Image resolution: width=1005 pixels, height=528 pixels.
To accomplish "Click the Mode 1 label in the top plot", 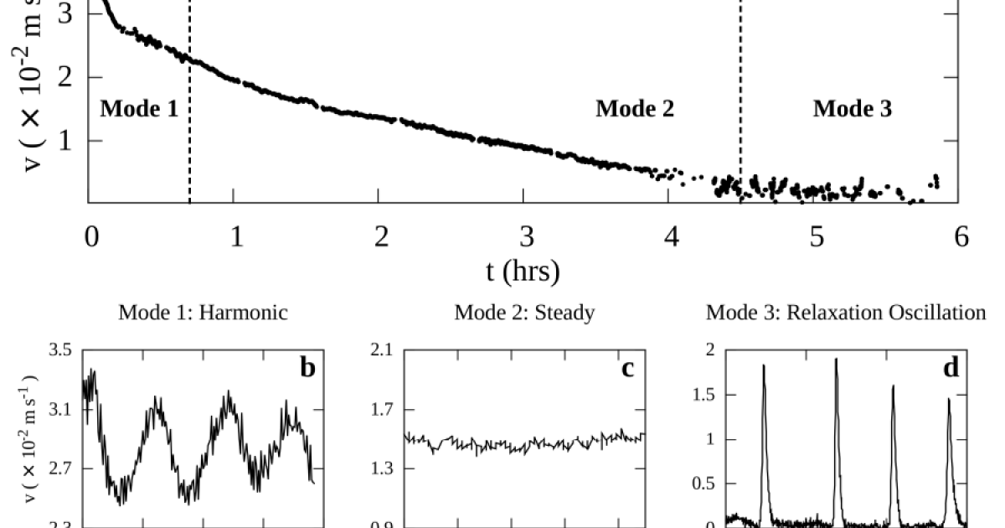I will pos(139,108).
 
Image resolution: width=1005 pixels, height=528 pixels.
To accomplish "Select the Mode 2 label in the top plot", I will pos(635,108).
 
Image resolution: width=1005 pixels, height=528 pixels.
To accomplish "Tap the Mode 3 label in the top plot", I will pos(852,108).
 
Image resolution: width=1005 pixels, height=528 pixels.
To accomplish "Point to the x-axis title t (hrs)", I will pos(523,270).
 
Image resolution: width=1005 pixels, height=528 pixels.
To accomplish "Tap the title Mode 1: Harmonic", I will pos(204,313).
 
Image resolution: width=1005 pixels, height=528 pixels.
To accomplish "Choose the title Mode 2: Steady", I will pos(524,313).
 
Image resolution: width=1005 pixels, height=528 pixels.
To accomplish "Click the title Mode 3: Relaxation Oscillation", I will pos(846,313).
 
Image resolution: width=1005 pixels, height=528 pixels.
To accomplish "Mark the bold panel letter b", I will pos(307,367).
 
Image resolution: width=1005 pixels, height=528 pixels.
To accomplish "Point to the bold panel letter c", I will pos(628,367).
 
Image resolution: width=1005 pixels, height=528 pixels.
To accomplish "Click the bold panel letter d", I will pos(951,367).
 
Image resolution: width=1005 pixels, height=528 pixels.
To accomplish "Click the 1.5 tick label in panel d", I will pos(709,395).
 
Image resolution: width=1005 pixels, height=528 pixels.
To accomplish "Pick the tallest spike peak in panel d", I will pos(836,360).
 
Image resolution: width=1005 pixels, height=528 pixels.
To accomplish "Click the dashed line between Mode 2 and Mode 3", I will pos(740,101).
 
